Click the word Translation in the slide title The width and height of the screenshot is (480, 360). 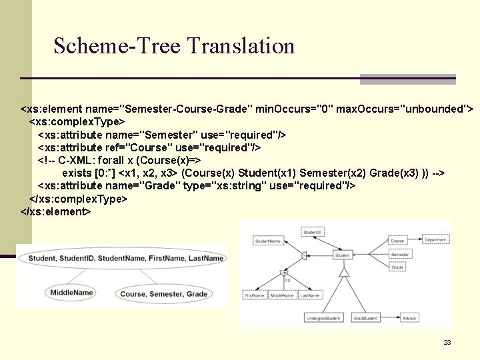[241, 46]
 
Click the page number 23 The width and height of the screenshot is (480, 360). [447, 342]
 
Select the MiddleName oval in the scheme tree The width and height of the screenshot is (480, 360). [71, 292]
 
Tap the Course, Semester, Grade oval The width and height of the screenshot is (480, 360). [163, 294]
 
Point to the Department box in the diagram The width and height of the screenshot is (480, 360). [435, 241]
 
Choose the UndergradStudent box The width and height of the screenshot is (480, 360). [323, 318]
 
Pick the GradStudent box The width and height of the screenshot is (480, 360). [365, 318]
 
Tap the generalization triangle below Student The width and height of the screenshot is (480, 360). [344, 271]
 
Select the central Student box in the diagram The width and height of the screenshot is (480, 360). [342, 255]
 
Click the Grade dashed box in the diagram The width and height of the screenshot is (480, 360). [398, 267]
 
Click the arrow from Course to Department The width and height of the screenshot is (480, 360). [414, 241]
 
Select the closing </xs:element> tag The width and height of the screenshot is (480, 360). [55, 211]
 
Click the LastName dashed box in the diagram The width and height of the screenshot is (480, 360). [309, 295]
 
